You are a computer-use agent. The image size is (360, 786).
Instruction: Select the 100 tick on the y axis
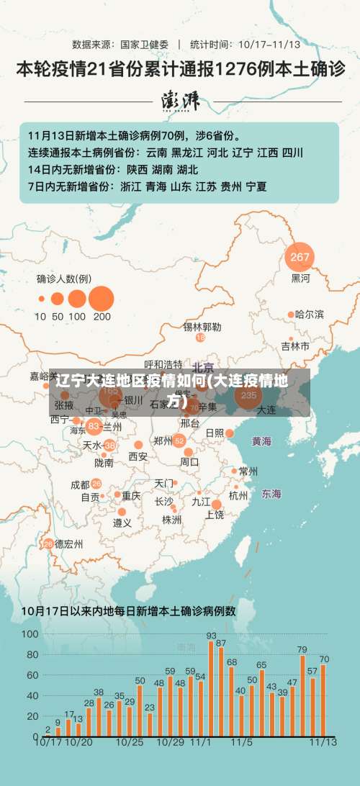[30, 634]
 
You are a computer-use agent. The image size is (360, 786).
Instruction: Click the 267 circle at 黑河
[300, 257]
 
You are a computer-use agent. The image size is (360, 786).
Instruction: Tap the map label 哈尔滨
[310, 315]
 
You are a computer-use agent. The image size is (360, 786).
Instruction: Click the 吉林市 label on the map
[295, 346]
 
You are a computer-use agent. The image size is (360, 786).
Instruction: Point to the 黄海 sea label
[261, 441]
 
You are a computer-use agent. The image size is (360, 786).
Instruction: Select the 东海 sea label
[271, 494]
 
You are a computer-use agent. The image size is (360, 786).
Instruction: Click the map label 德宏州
[69, 543]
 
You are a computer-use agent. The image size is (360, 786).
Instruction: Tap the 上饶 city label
[215, 514]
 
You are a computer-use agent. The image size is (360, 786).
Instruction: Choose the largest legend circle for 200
[102, 298]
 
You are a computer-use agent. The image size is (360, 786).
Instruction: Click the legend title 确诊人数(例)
[64, 279]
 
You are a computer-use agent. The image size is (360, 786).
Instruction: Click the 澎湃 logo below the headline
[180, 101]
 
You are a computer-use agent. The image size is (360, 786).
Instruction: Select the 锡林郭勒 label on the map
[202, 327]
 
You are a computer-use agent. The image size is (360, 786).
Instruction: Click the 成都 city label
[80, 484]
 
